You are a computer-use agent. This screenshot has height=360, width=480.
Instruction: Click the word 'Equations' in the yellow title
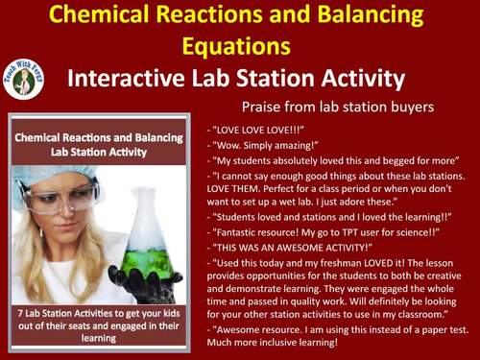pyautogui.click(x=239, y=45)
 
